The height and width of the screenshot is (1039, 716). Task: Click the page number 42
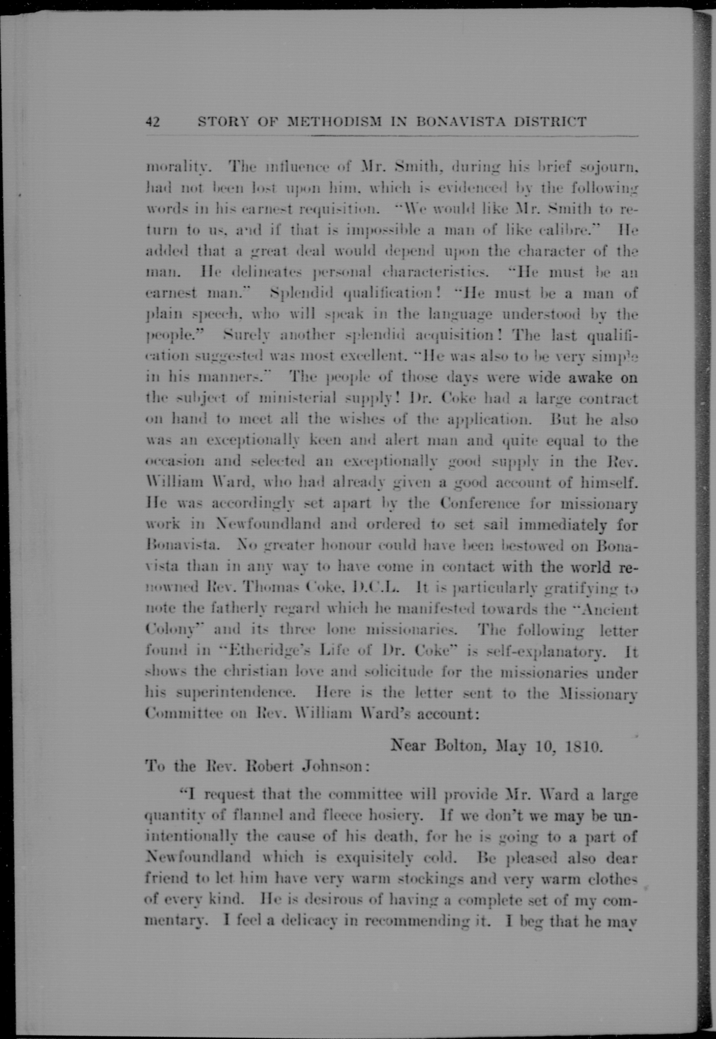point(153,122)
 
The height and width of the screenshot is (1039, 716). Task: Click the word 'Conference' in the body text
point(480,503)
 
